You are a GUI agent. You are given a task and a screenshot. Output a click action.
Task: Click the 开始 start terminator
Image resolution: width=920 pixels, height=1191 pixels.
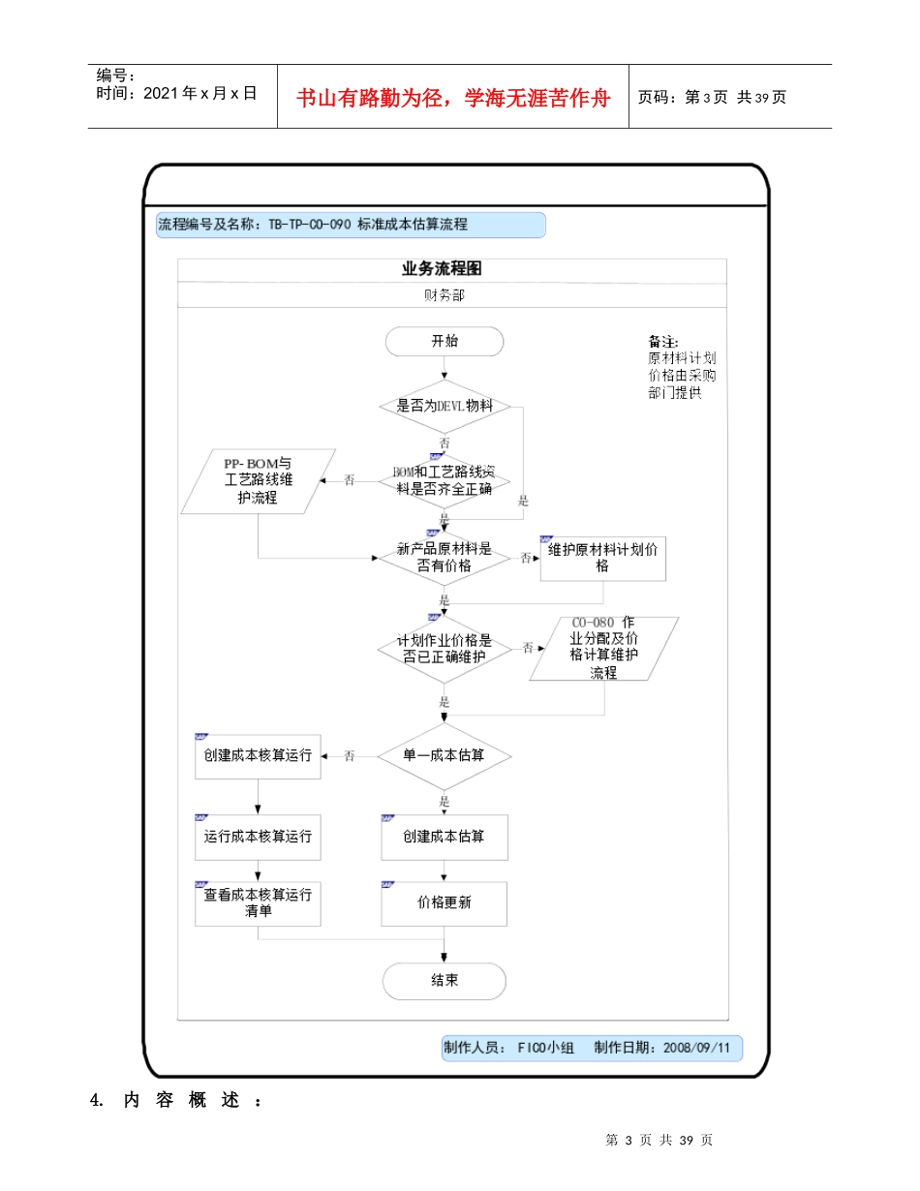click(x=445, y=342)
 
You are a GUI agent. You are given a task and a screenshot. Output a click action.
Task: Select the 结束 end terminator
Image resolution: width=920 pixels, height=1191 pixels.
click(x=445, y=981)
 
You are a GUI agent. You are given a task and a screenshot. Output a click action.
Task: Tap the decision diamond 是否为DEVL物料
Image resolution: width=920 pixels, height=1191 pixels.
click(x=445, y=406)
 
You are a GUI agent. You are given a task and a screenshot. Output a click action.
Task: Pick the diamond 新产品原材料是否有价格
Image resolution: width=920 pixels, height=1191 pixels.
click(x=445, y=557)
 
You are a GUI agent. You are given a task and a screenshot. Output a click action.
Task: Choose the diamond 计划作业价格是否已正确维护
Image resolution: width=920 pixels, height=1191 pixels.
click(x=445, y=648)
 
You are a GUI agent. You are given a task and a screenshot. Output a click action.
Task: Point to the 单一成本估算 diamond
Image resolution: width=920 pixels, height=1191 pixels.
click(x=445, y=755)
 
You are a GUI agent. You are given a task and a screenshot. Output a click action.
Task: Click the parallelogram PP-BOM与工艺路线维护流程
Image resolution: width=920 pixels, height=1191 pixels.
click(x=258, y=481)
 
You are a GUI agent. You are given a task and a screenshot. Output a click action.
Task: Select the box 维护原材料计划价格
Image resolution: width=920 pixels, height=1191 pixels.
click(x=602, y=558)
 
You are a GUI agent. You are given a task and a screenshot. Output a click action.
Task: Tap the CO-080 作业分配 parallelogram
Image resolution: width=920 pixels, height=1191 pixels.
click(x=603, y=647)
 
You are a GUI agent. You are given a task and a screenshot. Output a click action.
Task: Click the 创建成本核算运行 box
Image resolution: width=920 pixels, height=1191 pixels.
click(x=258, y=755)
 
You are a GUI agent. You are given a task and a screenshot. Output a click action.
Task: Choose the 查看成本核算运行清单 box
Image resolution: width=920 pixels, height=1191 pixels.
click(x=258, y=902)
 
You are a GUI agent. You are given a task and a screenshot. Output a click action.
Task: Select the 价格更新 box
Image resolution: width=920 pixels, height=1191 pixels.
click(x=445, y=902)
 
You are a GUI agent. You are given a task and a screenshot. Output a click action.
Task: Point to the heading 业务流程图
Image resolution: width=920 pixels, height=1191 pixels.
click(x=442, y=269)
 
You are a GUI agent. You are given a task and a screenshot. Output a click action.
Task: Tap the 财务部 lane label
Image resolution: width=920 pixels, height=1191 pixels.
click(x=445, y=295)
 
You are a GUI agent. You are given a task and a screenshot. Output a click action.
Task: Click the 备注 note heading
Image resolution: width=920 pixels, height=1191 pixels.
click(x=663, y=342)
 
